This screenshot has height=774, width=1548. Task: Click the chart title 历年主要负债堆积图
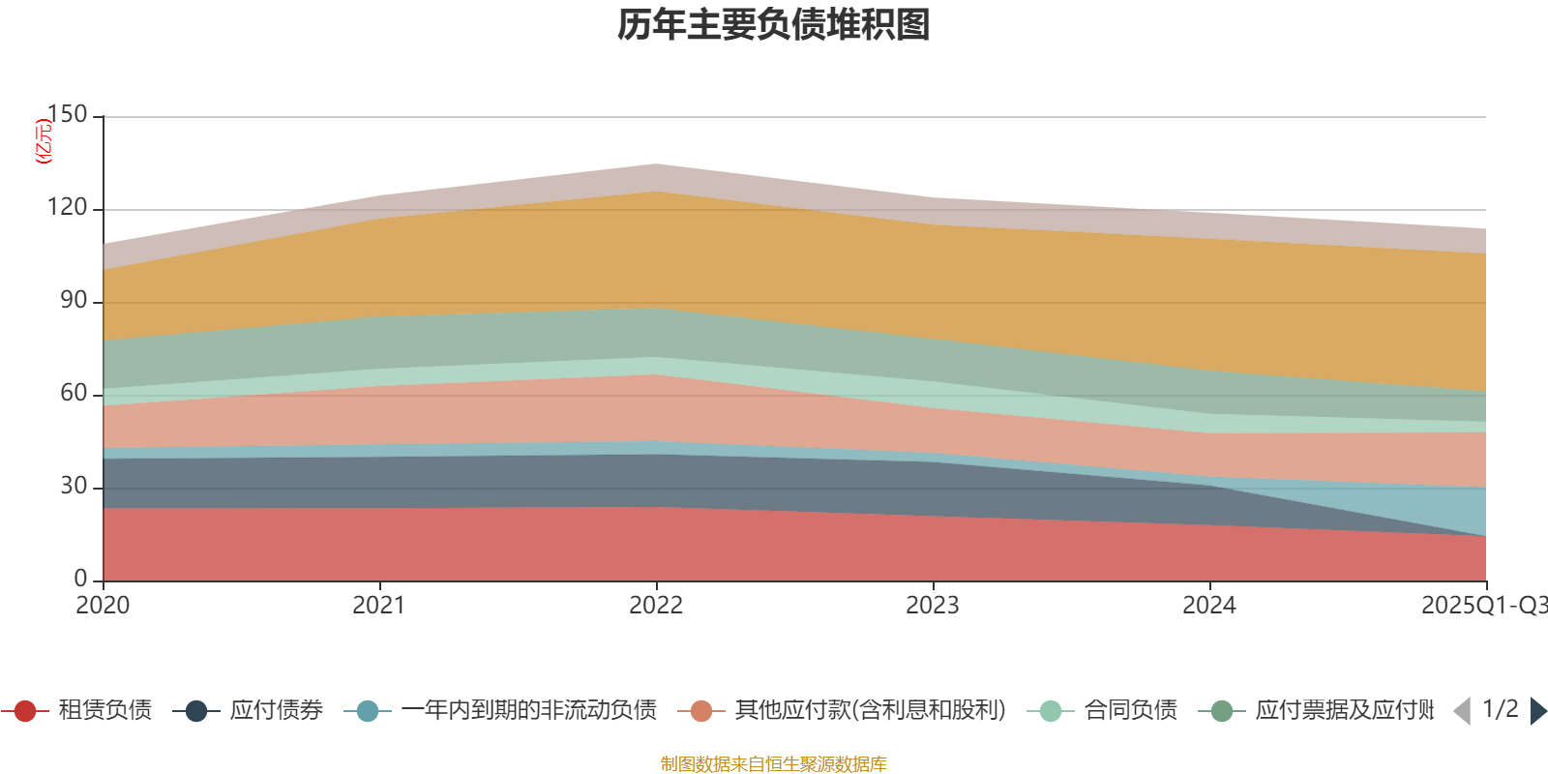(x=774, y=25)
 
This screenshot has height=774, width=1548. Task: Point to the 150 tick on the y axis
(x=68, y=115)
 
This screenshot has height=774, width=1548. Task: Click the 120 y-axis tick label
(x=68, y=208)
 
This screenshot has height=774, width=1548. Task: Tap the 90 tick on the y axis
(x=74, y=301)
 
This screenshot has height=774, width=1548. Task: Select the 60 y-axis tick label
(x=74, y=393)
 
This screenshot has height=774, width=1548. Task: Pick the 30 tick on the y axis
(x=74, y=486)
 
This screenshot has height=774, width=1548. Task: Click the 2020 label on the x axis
(x=103, y=606)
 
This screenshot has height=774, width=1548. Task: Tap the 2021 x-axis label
(x=379, y=606)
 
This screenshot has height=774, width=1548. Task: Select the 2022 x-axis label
(x=656, y=606)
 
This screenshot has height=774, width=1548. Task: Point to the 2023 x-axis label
(x=933, y=606)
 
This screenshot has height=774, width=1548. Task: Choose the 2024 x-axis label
(x=1209, y=606)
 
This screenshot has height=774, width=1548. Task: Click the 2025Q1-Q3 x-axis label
(x=1482, y=606)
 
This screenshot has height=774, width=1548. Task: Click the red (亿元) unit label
(x=44, y=141)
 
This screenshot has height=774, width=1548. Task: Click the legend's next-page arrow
(x=1537, y=711)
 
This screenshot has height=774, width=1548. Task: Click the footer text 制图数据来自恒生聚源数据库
(x=774, y=764)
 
